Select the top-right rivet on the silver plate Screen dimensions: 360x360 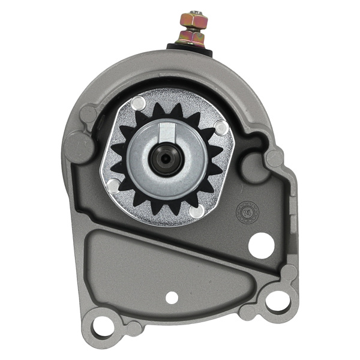[221, 128]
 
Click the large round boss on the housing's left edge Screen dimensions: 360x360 [79, 144]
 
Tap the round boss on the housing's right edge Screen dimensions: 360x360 [275, 158]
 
